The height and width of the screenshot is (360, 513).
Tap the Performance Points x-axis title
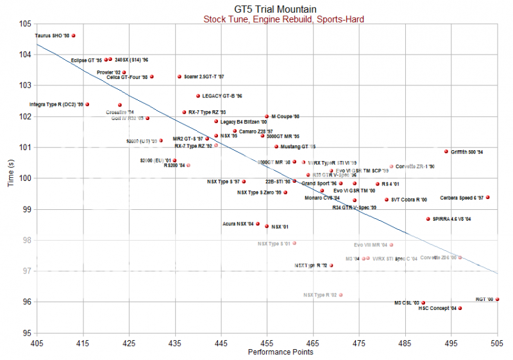tap(266, 352)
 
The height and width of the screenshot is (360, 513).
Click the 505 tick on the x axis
tap(497, 343)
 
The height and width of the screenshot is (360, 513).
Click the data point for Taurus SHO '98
tap(74, 36)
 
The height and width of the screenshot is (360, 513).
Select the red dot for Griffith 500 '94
tap(446, 151)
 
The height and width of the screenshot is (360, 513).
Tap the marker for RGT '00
tap(497, 299)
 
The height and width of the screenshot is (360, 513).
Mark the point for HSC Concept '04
tap(460, 308)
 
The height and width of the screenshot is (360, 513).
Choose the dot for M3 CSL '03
tap(423, 303)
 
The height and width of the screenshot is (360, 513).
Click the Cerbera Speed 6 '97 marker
tap(488, 198)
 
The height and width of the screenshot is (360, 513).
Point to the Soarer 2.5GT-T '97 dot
tap(180, 76)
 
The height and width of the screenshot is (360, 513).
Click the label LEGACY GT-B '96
tap(222, 96)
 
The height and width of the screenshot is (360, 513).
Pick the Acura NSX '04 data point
tap(258, 224)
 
